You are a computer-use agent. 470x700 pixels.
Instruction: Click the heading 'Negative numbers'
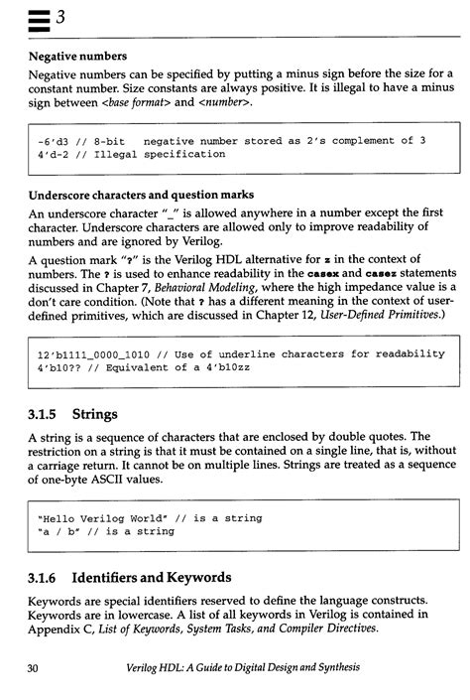tap(77, 56)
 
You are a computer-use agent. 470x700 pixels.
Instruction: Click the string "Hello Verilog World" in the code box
tap(105, 517)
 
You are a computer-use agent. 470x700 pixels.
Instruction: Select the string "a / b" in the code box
tap(60, 531)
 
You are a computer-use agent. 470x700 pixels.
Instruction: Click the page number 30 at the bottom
tap(34, 669)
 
